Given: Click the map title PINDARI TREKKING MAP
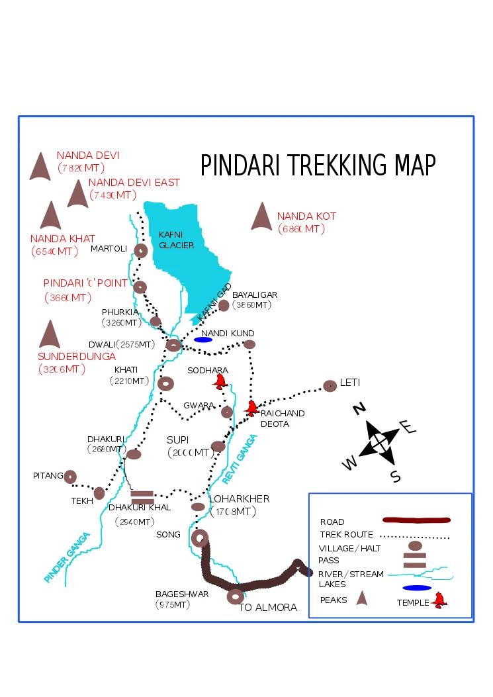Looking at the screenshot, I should (x=318, y=165).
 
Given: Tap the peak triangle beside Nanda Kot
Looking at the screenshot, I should (x=261, y=217).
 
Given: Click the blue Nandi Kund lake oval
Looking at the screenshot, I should (x=203, y=340).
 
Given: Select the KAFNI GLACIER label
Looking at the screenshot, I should (x=176, y=240).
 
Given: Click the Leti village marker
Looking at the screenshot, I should (x=330, y=386).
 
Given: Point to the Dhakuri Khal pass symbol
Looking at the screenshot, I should (x=142, y=497).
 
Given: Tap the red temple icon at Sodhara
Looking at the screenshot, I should (x=220, y=381).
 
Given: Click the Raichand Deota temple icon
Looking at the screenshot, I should (x=251, y=408).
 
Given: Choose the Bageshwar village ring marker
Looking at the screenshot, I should (x=234, y=596).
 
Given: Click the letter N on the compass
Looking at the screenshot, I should (x=359, y=408).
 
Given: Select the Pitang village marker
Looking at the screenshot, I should (x=70, y=476).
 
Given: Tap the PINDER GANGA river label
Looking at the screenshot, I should (x=66, y=558).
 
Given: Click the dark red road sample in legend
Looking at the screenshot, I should (x=416, y=521).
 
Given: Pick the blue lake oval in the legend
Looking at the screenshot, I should (x=417, y=588).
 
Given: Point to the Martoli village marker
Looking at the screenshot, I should (x=140, y=250).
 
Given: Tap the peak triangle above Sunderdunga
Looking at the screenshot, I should (x=50, y=335).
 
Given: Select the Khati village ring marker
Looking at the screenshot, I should (x=165, y=383).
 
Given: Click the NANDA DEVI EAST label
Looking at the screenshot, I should (x=134, y=183).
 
